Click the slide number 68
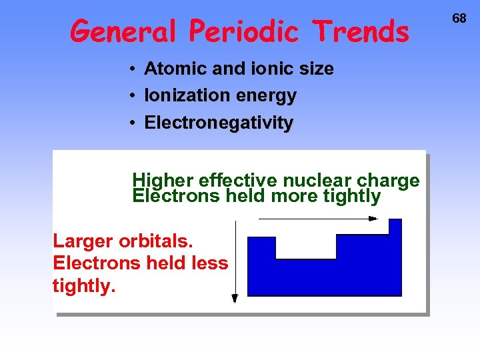[459, 19]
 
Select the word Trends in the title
[362, 31]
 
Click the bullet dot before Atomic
[133, 69]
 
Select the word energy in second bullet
[265, 97]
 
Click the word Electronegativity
[218, 123]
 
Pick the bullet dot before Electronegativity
[133, 123]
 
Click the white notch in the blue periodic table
[305, 247]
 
